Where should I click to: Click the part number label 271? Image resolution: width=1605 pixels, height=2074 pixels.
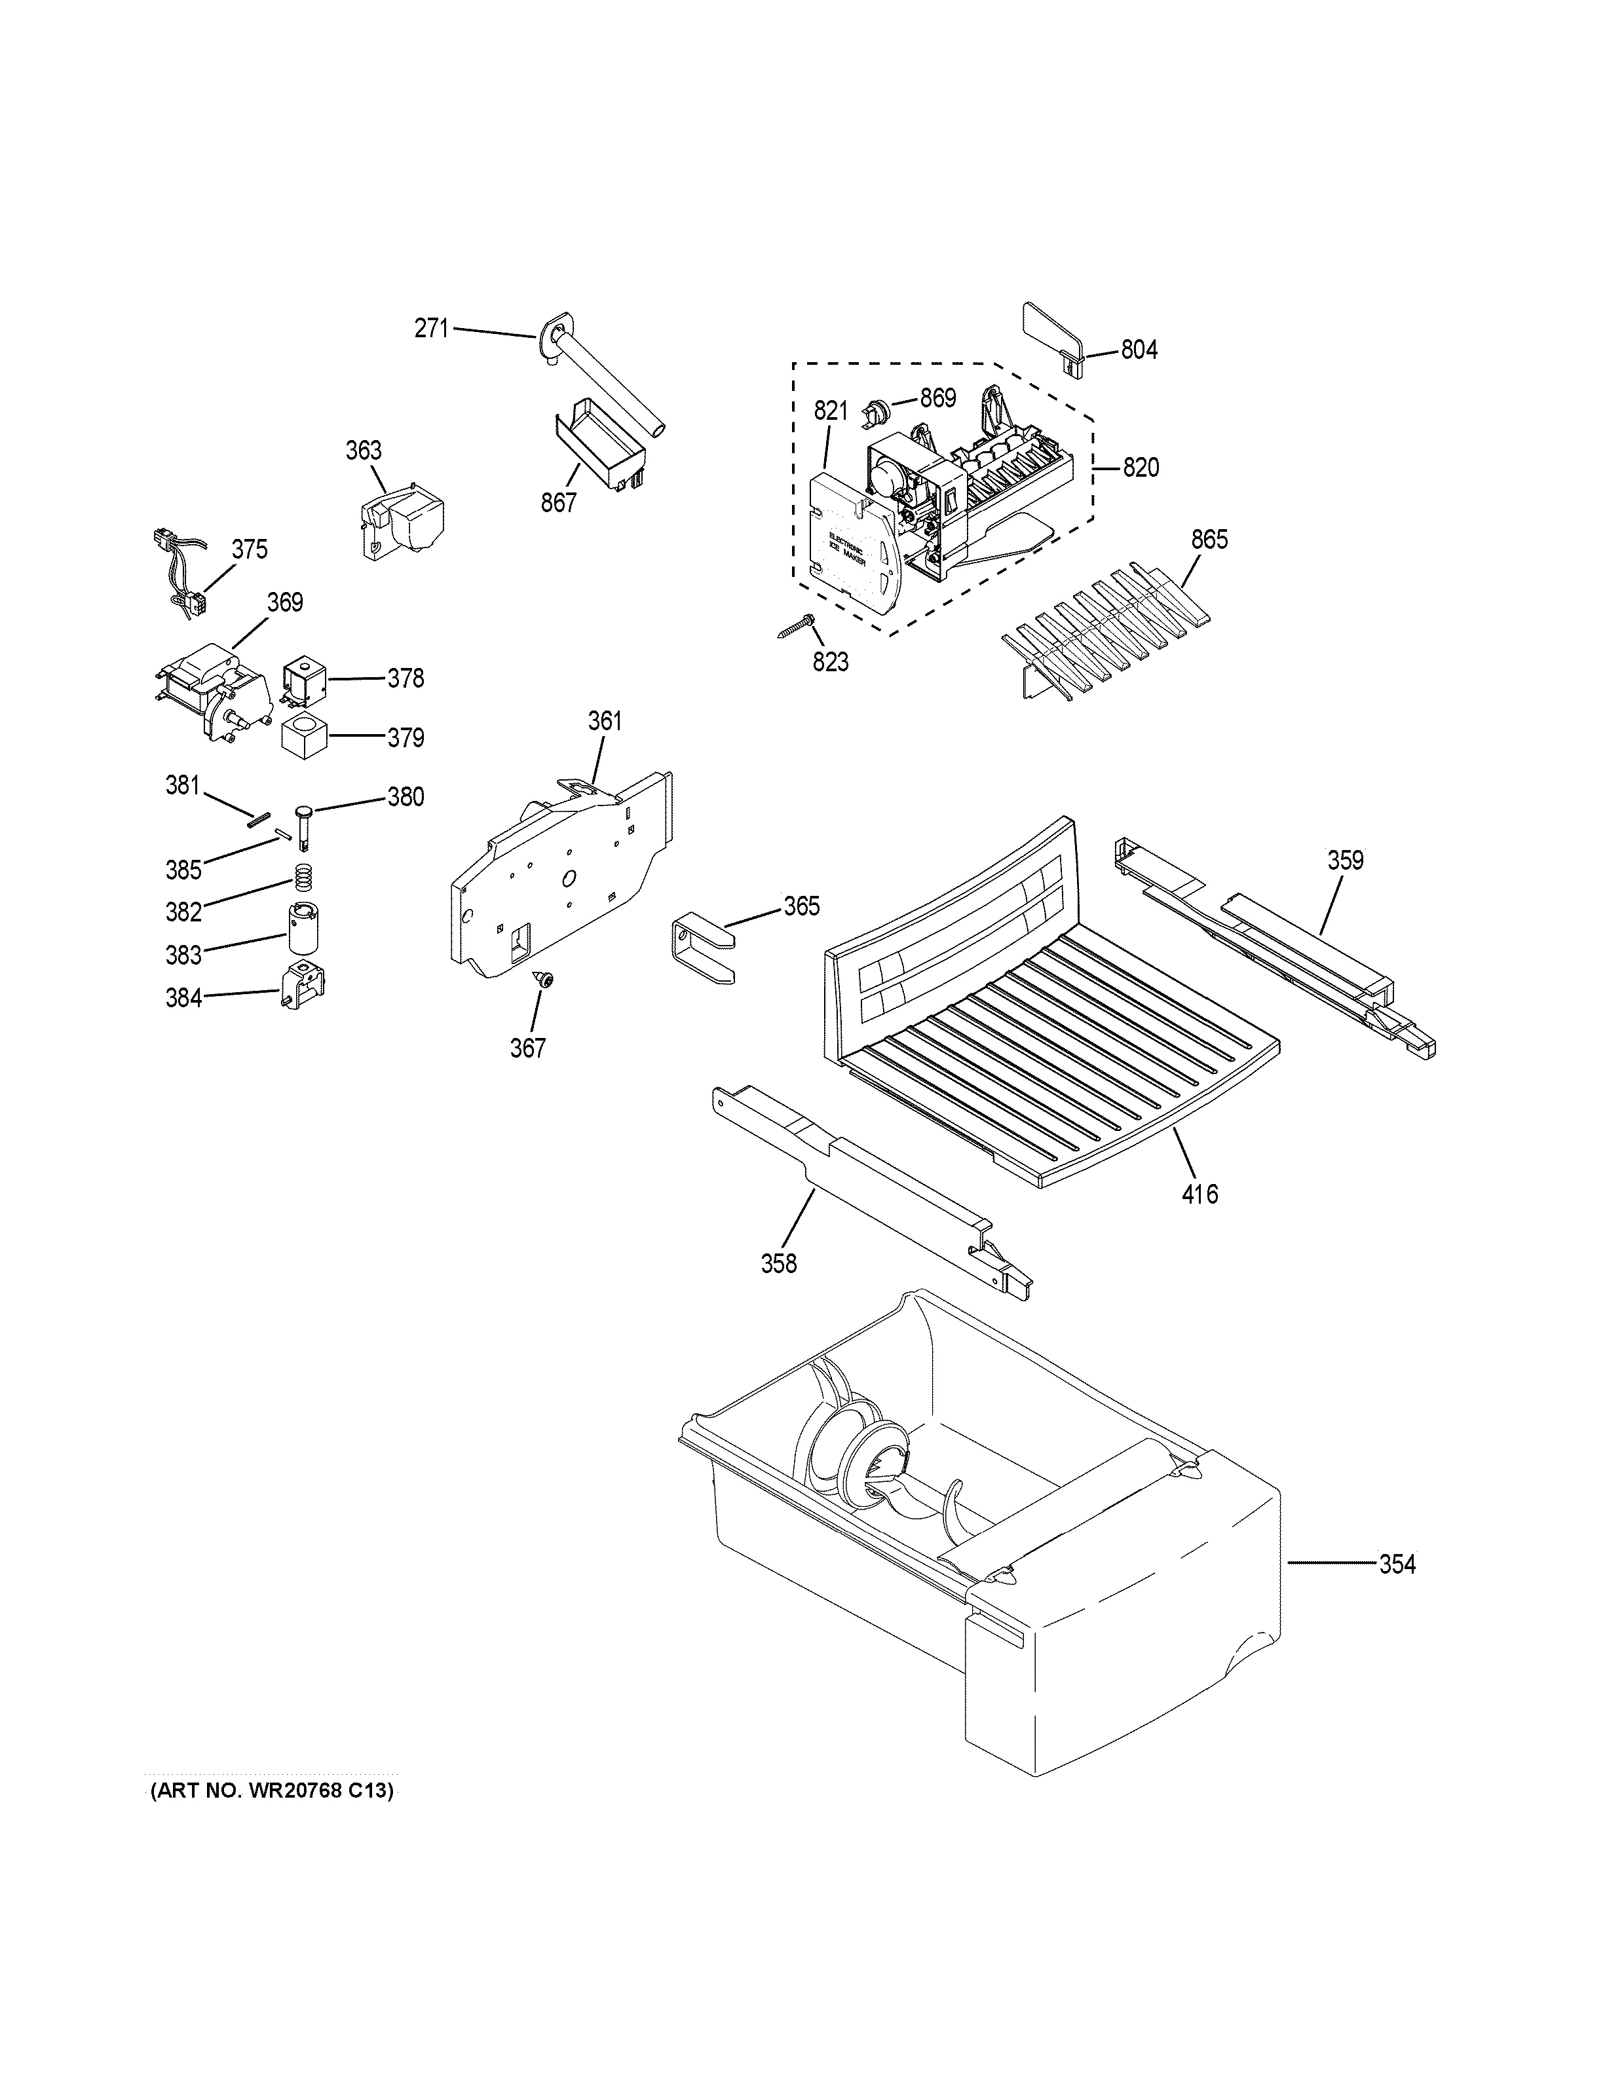(430, 329)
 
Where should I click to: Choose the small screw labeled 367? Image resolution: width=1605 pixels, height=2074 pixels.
(545, 980)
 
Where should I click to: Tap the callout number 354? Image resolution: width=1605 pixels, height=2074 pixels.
(1397, 1564)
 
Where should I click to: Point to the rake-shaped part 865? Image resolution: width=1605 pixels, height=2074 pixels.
(1106, 631)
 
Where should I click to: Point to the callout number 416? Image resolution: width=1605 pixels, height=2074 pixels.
(1199, 1193)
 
